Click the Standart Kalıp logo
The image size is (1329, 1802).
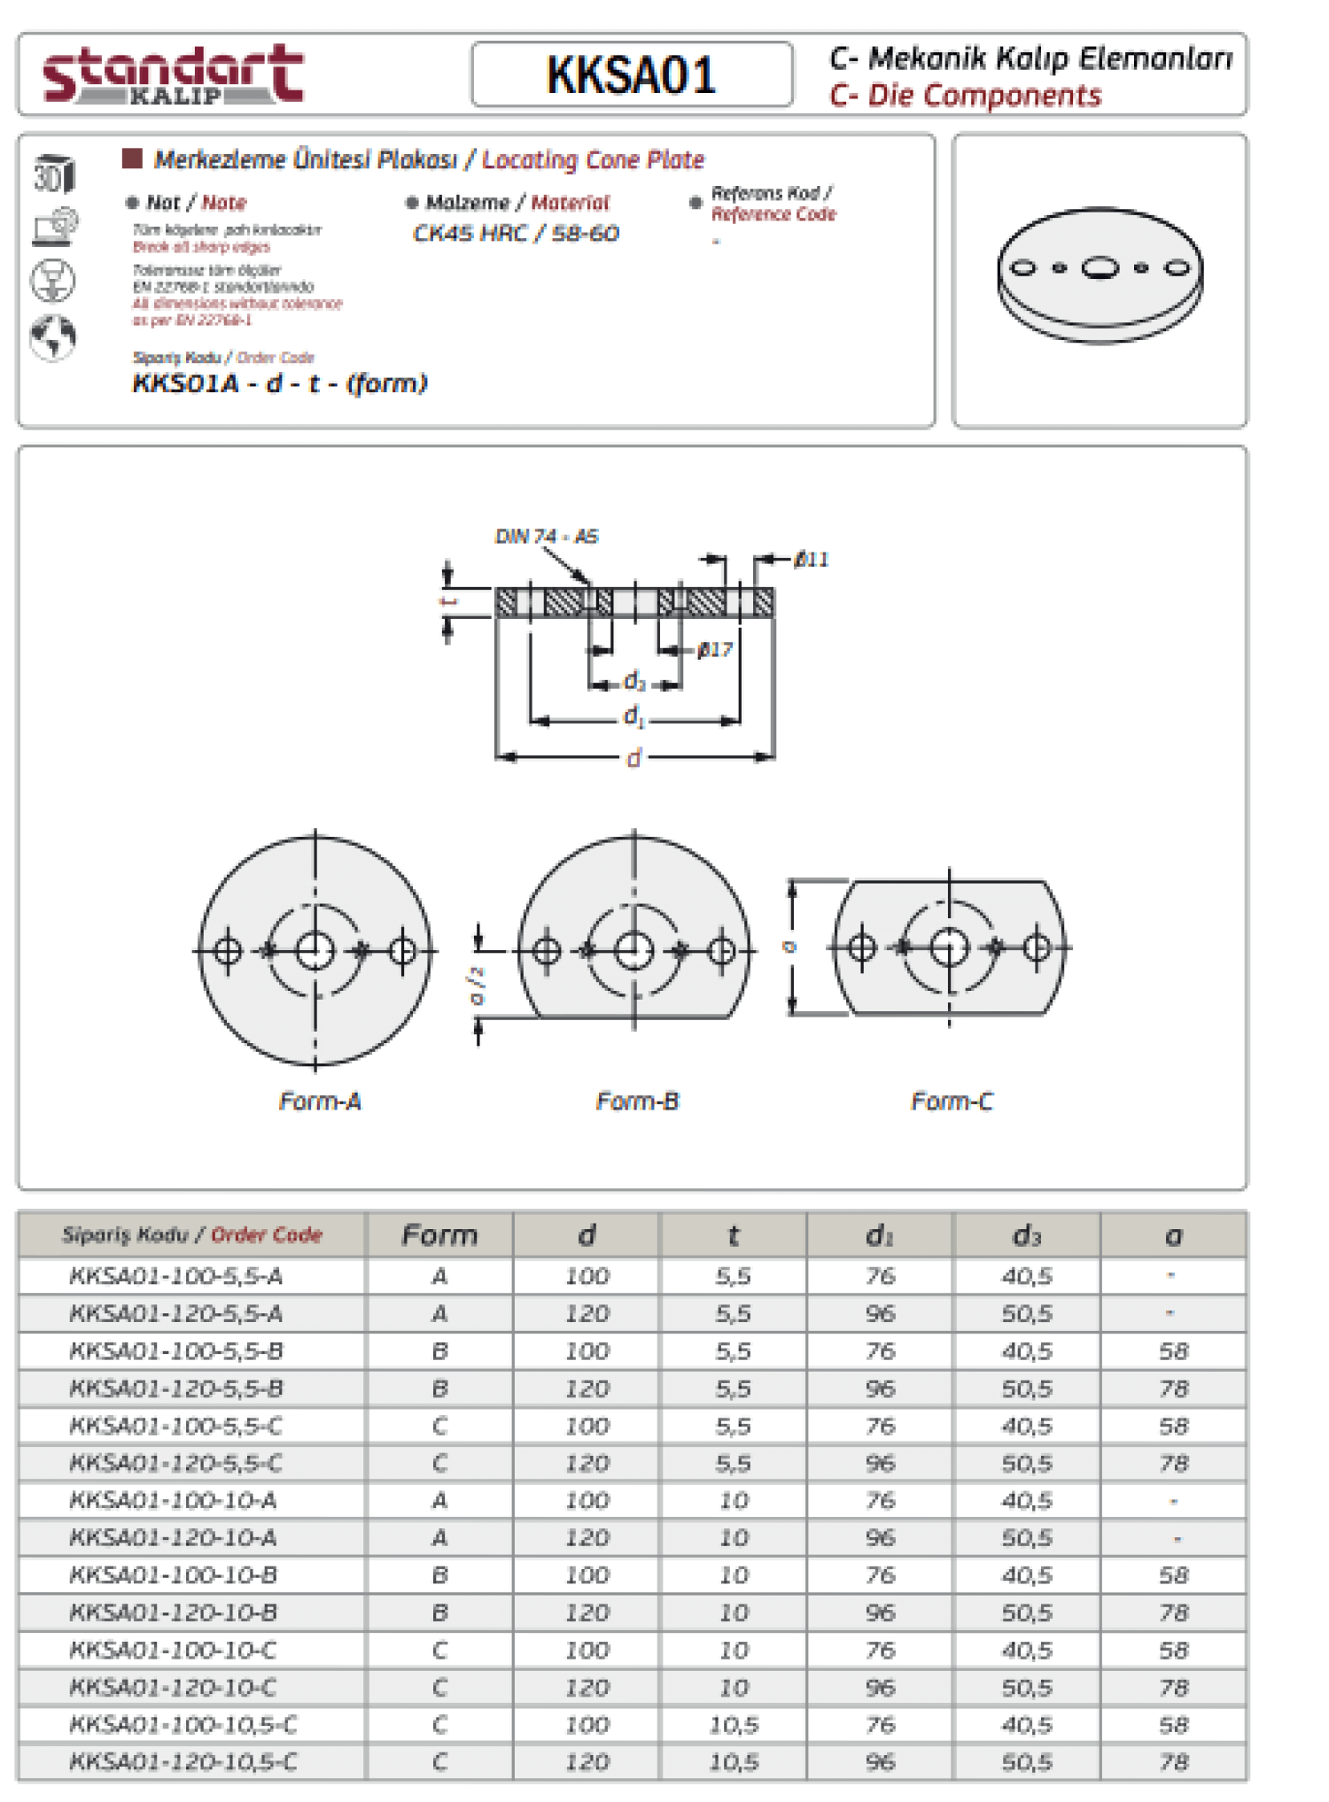(x=174, y=74)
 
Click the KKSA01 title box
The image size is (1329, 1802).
(x=631, y=74)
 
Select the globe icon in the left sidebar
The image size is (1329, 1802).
(x=53, y=336)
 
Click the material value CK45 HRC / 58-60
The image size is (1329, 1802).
(x=516, y=234)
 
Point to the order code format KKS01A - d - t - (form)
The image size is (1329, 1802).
(x=280, y=383)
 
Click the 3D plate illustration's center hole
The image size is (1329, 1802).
(x=1100, y=267)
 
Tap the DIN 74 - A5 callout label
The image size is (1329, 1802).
(x=546, y=537)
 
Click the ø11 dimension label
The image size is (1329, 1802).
(x=811, y=560)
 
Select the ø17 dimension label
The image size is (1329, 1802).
(x=714, y=650)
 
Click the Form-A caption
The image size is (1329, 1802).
(x=320, y=1102)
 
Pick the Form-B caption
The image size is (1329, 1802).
(x=637, y=1102)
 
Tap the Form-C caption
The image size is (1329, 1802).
(x=952, y=1102)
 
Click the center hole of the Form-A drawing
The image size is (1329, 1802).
(x=315, y=951)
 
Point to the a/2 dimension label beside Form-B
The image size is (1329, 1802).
(x=478, y=985)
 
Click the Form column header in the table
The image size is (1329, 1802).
(x=439, y=1235)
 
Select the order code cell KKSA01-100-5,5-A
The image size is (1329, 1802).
(x=176, y=1276)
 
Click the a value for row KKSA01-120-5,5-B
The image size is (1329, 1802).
(x=1173, y=1388)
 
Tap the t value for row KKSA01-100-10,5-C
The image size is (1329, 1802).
(x=734, y=1725)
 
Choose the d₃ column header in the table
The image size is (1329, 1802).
(x=1026, y=1235)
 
